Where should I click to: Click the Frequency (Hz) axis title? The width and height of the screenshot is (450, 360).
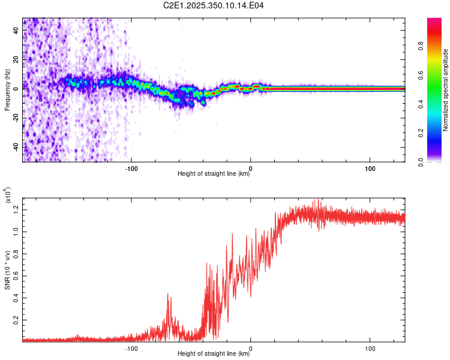click(7, 90)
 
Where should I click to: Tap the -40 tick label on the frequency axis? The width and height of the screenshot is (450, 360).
click(16, 146)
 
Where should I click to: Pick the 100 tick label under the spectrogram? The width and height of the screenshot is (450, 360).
click(370, 167)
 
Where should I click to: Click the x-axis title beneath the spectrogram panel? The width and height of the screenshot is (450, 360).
click(214, 174)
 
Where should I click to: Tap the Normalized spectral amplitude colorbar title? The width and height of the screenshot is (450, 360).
click(445, 90)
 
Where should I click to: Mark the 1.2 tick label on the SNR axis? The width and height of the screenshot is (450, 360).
click(16, 208)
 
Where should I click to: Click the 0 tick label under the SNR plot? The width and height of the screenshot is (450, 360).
click(251, 347)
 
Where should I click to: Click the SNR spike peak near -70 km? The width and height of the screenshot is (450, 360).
click(167, 293)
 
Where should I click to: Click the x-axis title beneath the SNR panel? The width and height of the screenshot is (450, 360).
click(214, 354)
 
